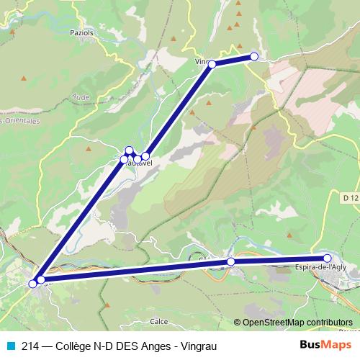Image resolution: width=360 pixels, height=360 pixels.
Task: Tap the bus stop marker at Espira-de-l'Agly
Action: (327, 258)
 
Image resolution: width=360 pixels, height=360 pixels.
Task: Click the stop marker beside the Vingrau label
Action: (212, 65)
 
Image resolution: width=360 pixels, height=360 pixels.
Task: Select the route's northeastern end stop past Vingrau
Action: (253, 57)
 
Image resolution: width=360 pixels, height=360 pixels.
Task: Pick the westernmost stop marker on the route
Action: (32, 284)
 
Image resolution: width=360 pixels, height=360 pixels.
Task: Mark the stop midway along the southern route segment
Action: (231, 261)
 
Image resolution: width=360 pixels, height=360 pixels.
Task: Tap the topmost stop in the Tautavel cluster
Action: (130, 150)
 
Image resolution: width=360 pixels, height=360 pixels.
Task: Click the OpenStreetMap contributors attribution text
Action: (297, 322)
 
